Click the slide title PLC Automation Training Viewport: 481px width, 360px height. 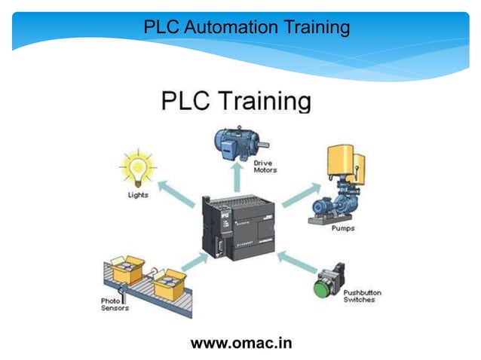[247, 28]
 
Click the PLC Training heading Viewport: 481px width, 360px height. [236, 101]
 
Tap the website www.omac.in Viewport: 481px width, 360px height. [241, 343]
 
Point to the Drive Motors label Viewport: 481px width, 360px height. [265, 166]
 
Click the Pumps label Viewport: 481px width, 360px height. [343, 227]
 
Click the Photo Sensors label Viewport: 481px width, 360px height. [115, 304]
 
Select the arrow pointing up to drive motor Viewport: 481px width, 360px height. [235, 178]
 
